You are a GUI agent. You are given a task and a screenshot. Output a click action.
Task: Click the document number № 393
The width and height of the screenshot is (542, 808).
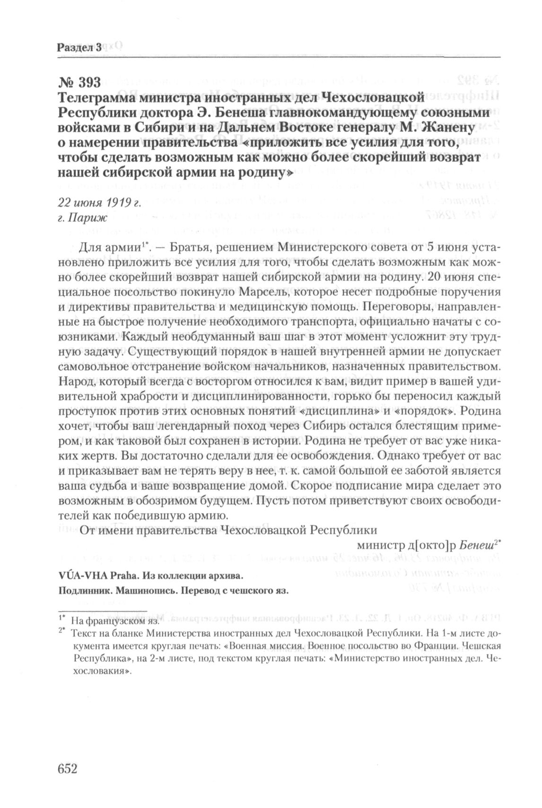79,82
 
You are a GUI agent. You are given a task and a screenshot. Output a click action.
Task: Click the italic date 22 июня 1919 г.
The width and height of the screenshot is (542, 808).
100,203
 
